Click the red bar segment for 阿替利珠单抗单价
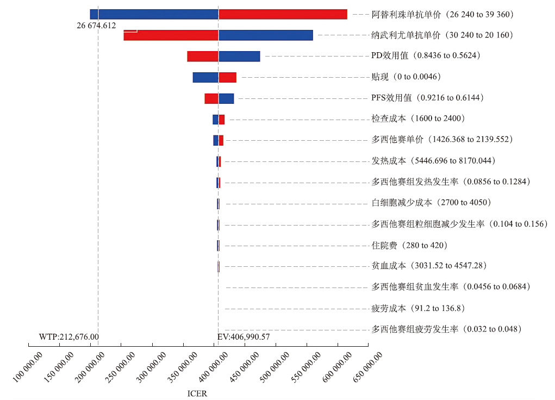coord(283,14)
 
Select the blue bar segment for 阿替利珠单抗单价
coord(154,14)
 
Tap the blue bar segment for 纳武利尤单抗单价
coord(265,35)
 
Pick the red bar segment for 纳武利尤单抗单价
coord(171,35)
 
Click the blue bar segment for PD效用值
coord(239,56)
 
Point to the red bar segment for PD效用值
coord(202,56)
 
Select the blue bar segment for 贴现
coord(205,77)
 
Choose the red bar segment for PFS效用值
coord(211,98)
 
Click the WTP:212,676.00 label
coord(69,337)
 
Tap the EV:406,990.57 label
coord(244,337)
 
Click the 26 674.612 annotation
coord(96,26)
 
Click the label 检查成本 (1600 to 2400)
coord(417,118)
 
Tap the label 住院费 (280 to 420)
coord(409,246)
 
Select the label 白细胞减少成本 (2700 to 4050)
coord(431,203)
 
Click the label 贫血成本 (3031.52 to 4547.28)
coord(428,266)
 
